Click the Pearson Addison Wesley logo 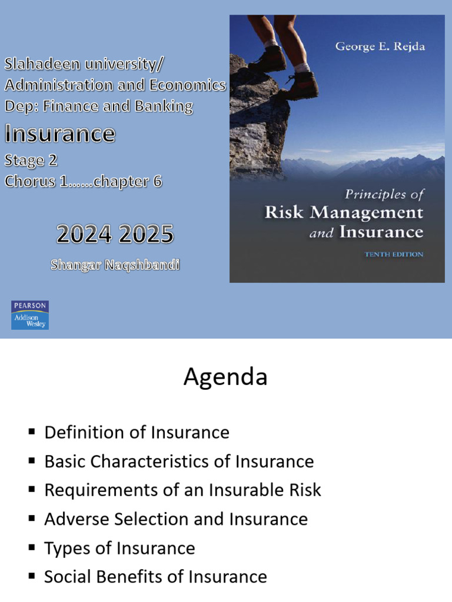click(x=30, y=315)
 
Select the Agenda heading click(x=225, y=377)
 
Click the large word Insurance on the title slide click(x=59, y=135)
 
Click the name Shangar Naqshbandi click(x=115, y=265)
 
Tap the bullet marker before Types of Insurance click(x=32, y=548)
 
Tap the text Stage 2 click(x=31, y=160)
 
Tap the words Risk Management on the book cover click(x=344, y=212)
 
